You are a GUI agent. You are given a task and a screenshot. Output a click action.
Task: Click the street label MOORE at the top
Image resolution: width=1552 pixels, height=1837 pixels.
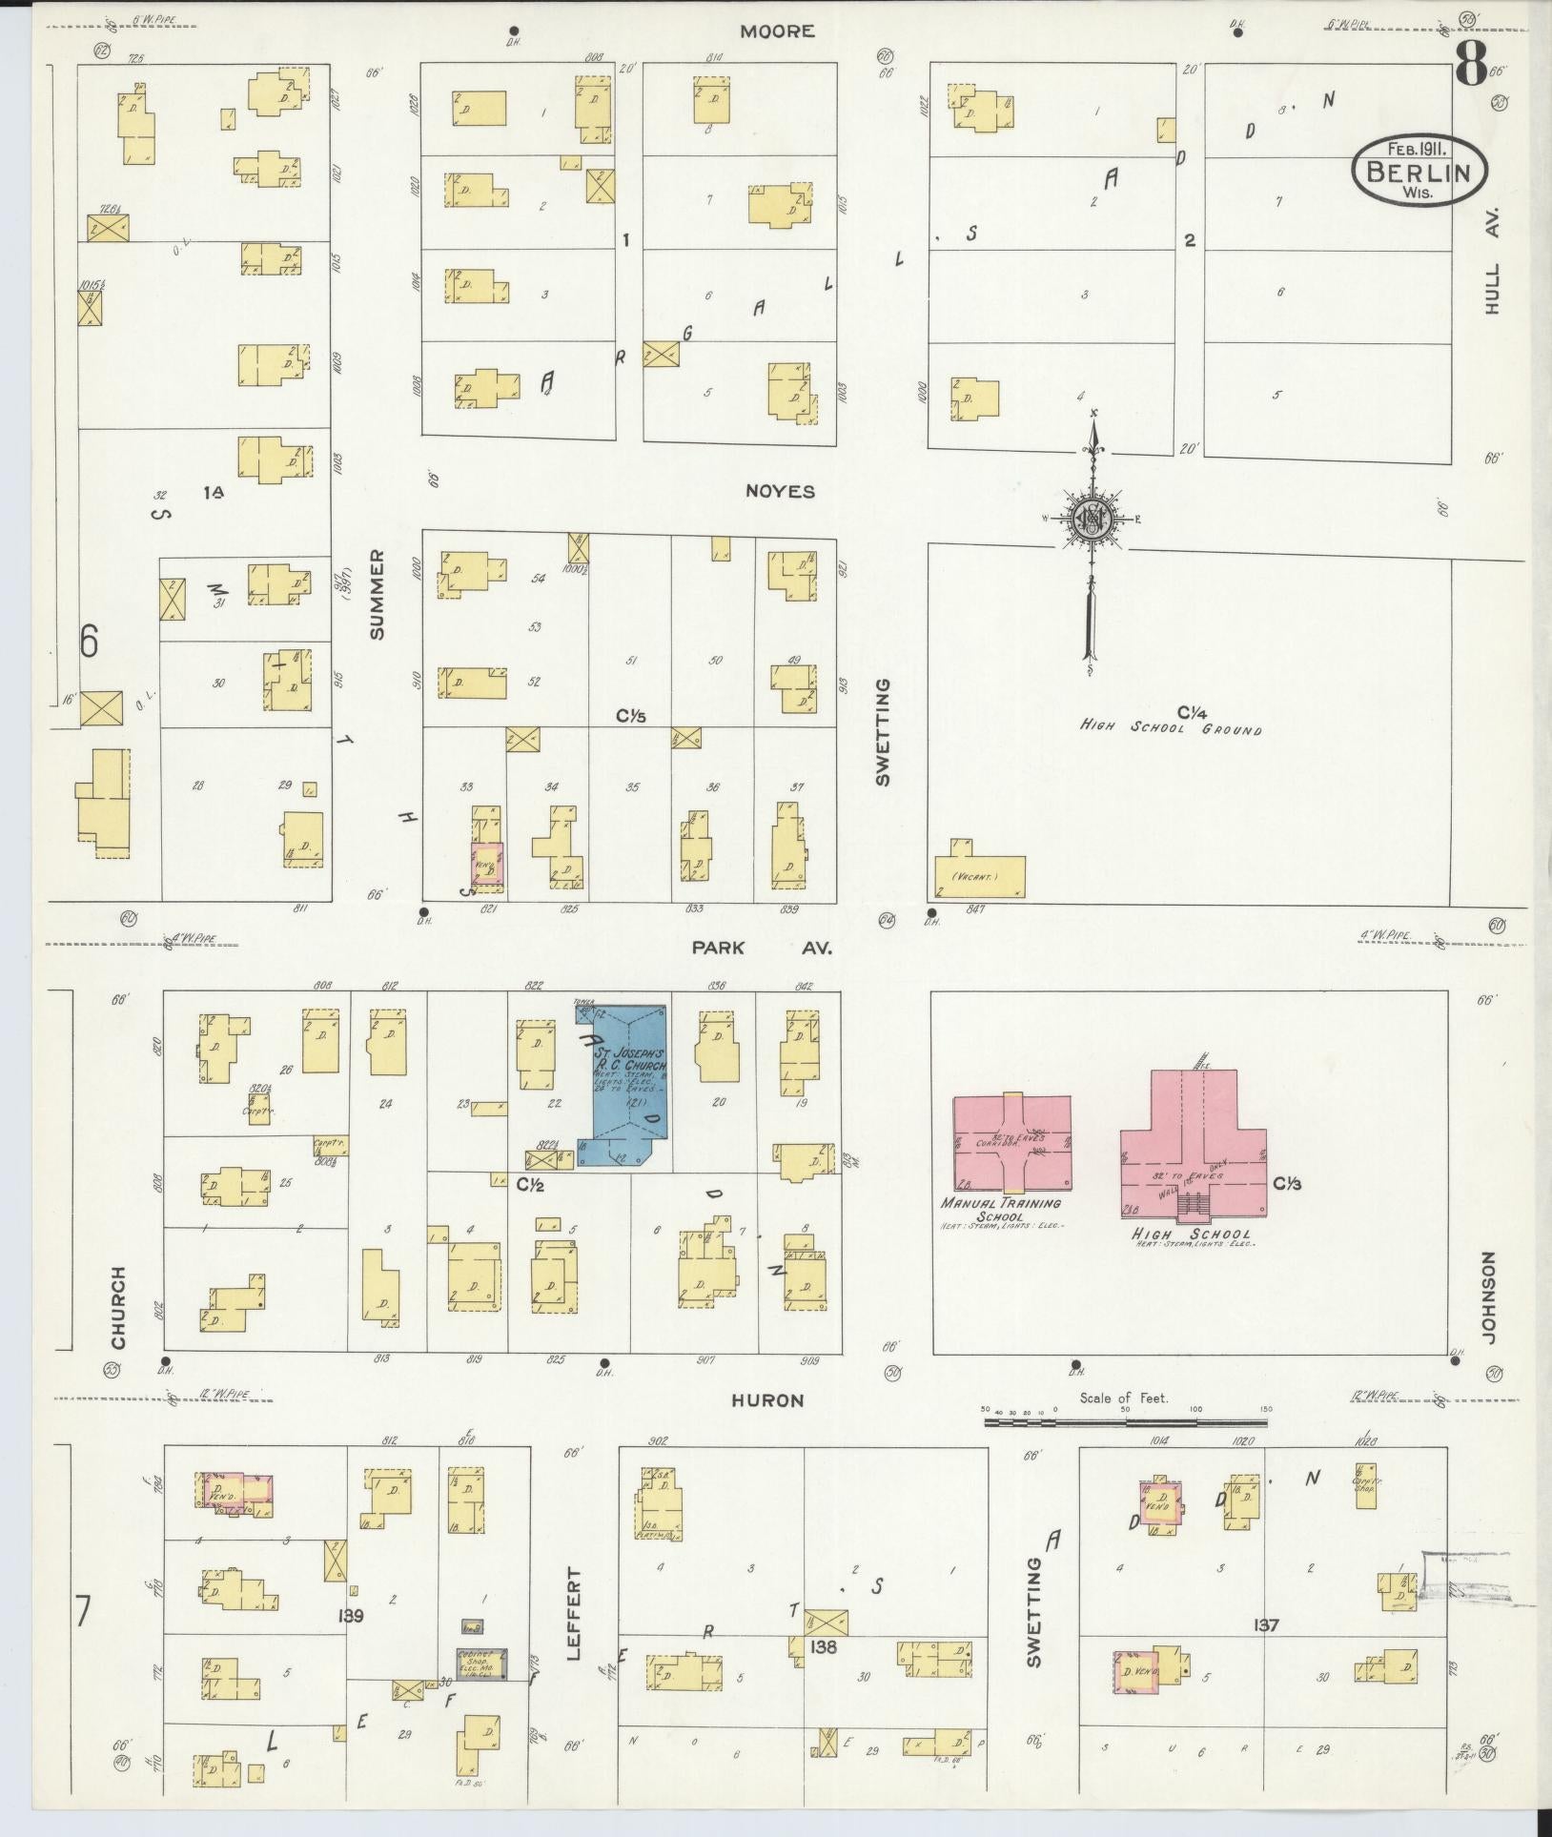point(778,31)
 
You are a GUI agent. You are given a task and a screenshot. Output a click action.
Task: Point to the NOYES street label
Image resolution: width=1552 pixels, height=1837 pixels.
point(781,492)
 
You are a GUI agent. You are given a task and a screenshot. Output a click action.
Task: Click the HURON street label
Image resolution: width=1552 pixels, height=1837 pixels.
point(768,1400)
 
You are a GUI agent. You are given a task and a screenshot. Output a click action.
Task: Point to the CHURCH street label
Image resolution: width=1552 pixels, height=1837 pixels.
point(118,1307)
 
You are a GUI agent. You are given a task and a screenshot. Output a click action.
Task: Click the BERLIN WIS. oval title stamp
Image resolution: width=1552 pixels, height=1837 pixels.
point(1419,169)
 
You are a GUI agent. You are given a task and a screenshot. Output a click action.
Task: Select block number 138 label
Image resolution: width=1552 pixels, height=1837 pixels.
point(823,1645)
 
